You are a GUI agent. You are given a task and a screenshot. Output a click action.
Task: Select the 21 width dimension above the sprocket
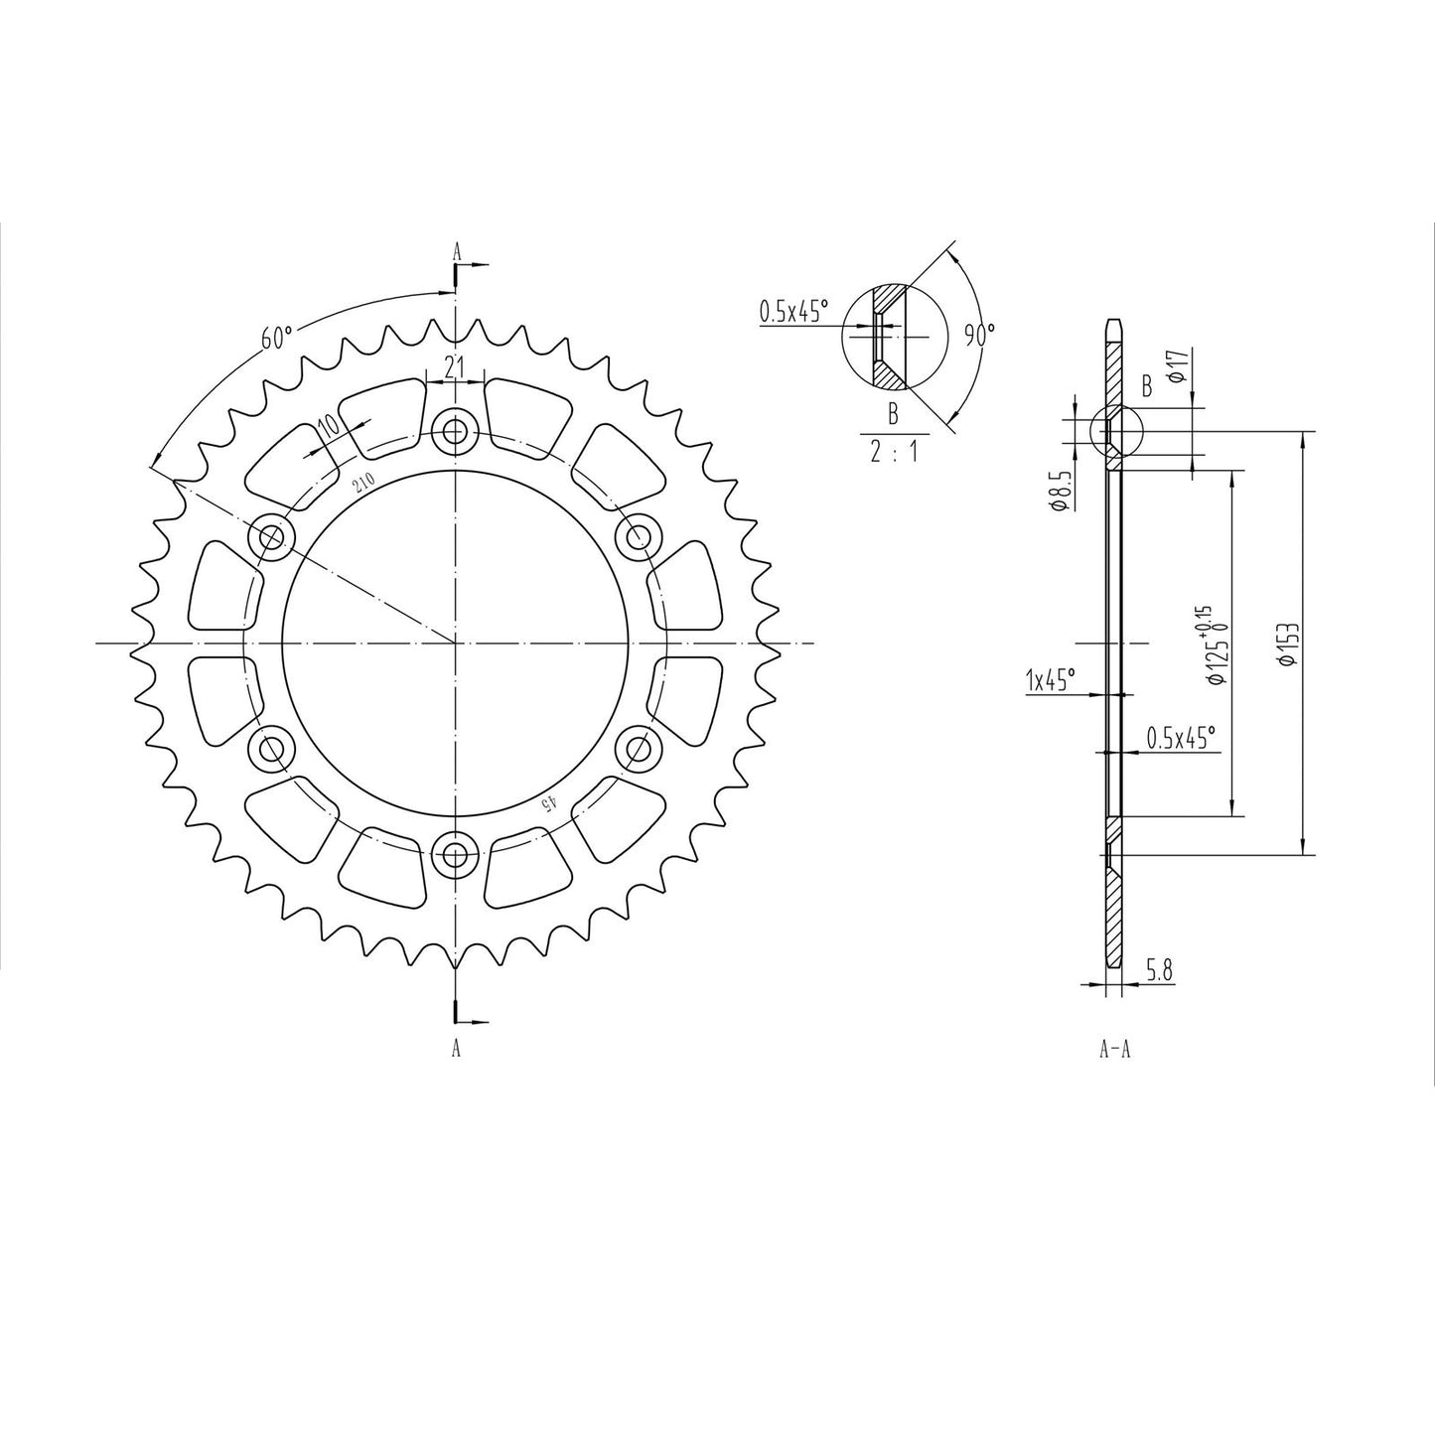pyautogui.click(x=455, y=366)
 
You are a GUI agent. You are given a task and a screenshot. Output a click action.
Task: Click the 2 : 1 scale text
pyautogui.click(x=894, y=452)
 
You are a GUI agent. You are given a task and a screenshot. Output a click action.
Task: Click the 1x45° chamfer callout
pyautogui.click(x=1051, y=680)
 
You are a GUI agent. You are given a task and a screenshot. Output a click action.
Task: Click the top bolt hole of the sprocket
pyautogui.click(x=456, y=431)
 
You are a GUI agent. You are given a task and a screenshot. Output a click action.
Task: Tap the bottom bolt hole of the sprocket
pyautogui.click(x=456, y=852)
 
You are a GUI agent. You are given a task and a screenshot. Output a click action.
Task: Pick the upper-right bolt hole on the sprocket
pyautogui.click(x=638, y=537)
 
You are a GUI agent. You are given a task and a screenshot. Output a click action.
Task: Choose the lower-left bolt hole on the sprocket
pyautogui.click(x=272, y=748)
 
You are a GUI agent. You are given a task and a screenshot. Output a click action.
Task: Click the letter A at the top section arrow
pyautogui.click(x=457, y=252)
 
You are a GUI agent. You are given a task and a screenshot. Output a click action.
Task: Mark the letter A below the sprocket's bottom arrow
pyautogui.click(x=456, y=1048)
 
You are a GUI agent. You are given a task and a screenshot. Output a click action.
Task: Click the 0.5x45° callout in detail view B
pyautogui.click(x=793, y=312)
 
